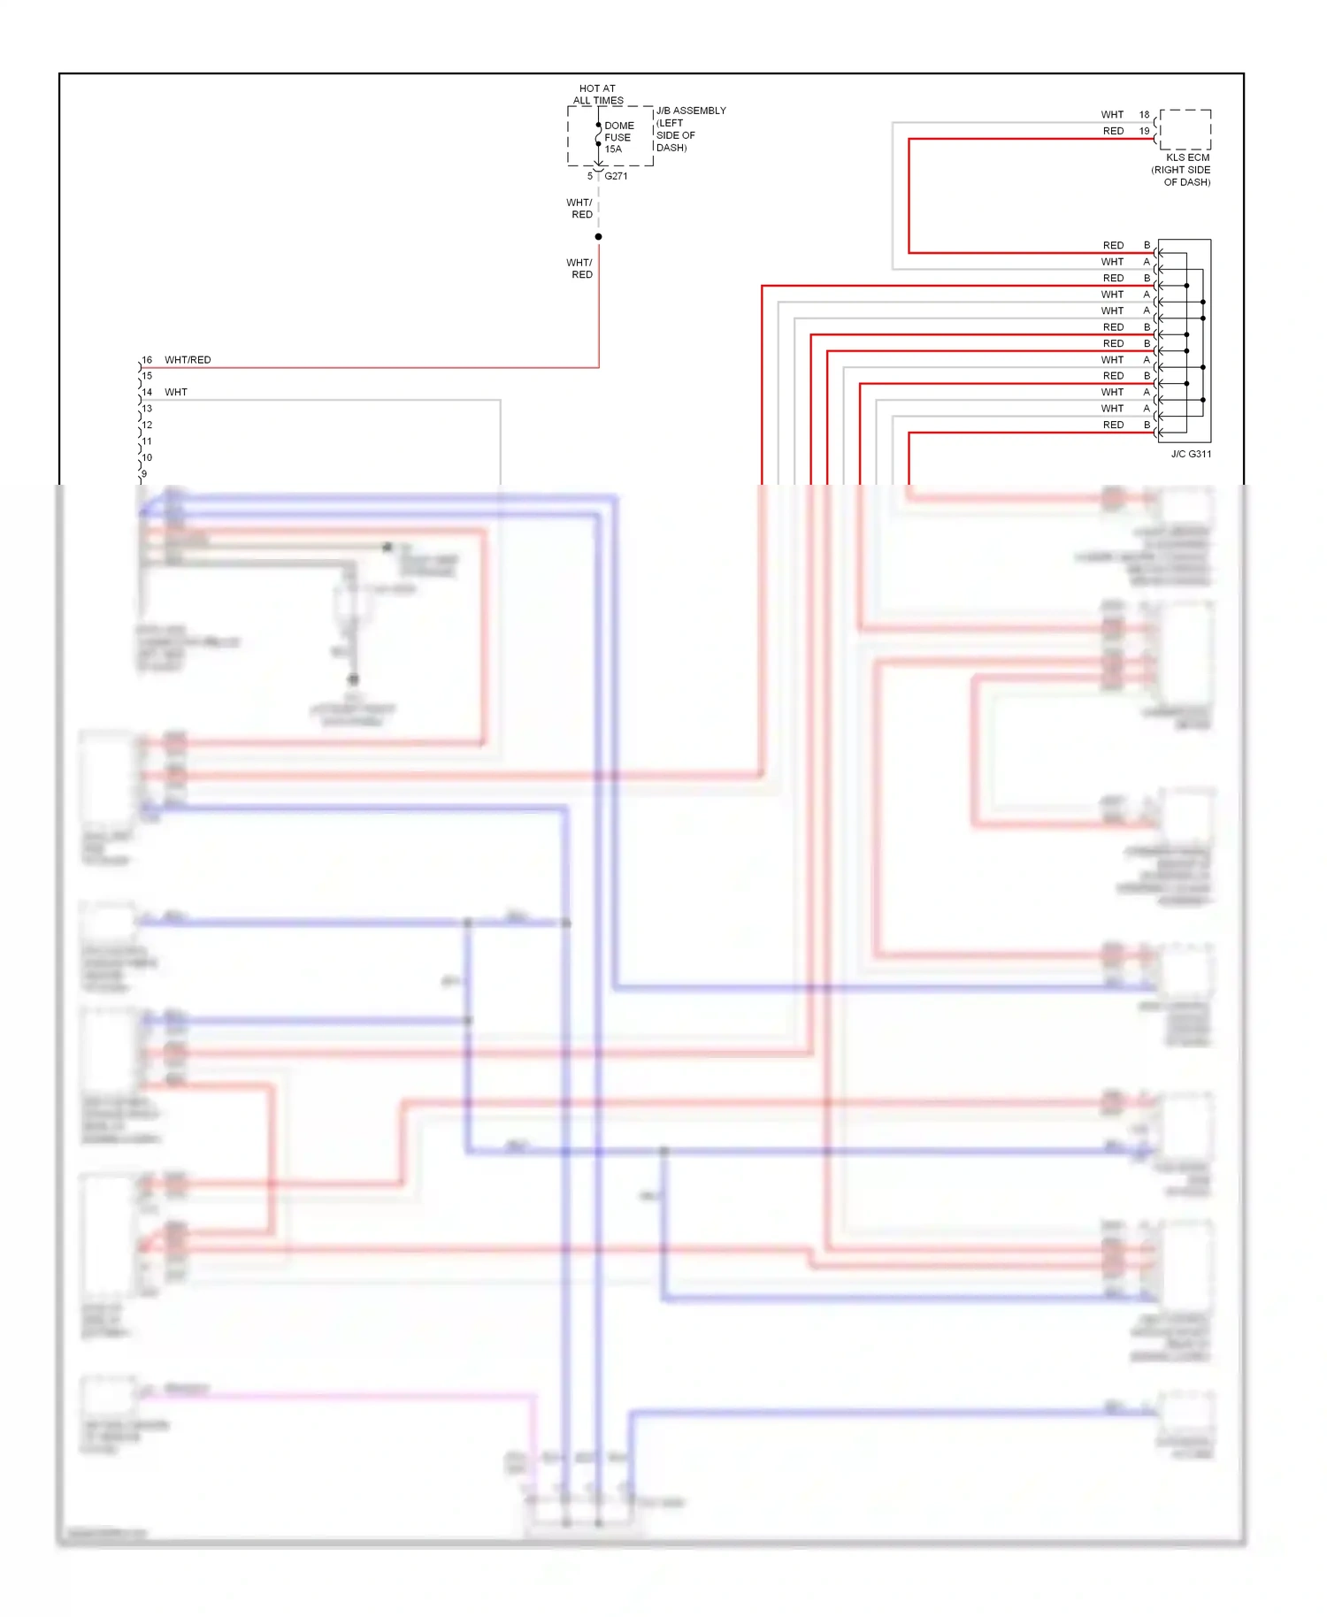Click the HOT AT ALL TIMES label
[598, 94]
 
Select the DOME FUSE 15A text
[618, 137]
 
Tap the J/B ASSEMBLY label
[691, 111]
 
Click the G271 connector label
[616, 176]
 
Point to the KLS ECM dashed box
[1185, 130]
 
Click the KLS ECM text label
[1187, 157]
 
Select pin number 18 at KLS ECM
[1144, 114]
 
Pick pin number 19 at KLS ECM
[1144, 131]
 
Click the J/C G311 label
[1191, 454]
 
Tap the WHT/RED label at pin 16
[188, 360]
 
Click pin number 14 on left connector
[147, 392]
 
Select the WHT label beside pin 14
[176, 392]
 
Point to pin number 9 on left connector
[144, 473]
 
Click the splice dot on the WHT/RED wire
[599, 237]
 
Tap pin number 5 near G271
[590, 176]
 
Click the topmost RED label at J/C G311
[1113, 245]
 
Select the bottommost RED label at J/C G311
[1113, 425]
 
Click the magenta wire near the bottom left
[336, 1397]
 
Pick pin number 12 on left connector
[147, 425]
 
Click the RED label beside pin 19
[1113, 131]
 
